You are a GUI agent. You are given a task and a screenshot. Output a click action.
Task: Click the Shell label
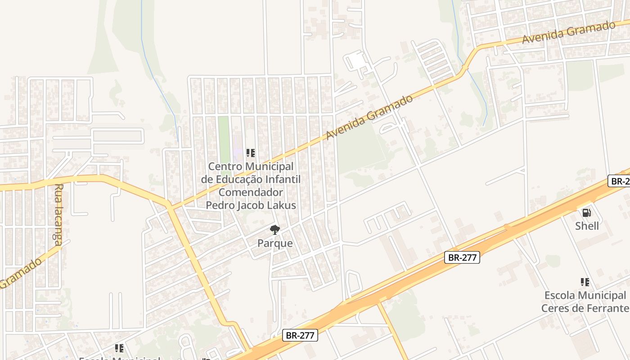[587, 225]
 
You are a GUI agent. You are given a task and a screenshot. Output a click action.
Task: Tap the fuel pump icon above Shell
[586, 213]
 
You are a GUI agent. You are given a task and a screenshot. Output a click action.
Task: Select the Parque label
[275, 243]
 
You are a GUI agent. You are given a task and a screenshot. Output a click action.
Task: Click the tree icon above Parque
[274, 230]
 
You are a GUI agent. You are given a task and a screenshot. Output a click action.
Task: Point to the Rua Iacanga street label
[58, 214]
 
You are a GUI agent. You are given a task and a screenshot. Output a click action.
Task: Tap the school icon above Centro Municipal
[251, 153]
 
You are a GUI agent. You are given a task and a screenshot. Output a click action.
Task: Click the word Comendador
[251, 192]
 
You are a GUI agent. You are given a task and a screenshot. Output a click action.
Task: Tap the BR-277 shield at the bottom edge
[300, 335]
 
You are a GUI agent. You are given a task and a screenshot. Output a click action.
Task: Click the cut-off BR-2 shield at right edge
[619, 181]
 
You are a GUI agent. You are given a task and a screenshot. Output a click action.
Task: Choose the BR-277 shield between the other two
[462, 257]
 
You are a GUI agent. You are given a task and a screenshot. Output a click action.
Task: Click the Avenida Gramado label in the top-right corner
[568, 32]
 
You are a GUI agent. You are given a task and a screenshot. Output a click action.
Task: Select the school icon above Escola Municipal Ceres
[585, 282]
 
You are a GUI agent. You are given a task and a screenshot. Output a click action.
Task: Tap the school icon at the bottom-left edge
[119, 348]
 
